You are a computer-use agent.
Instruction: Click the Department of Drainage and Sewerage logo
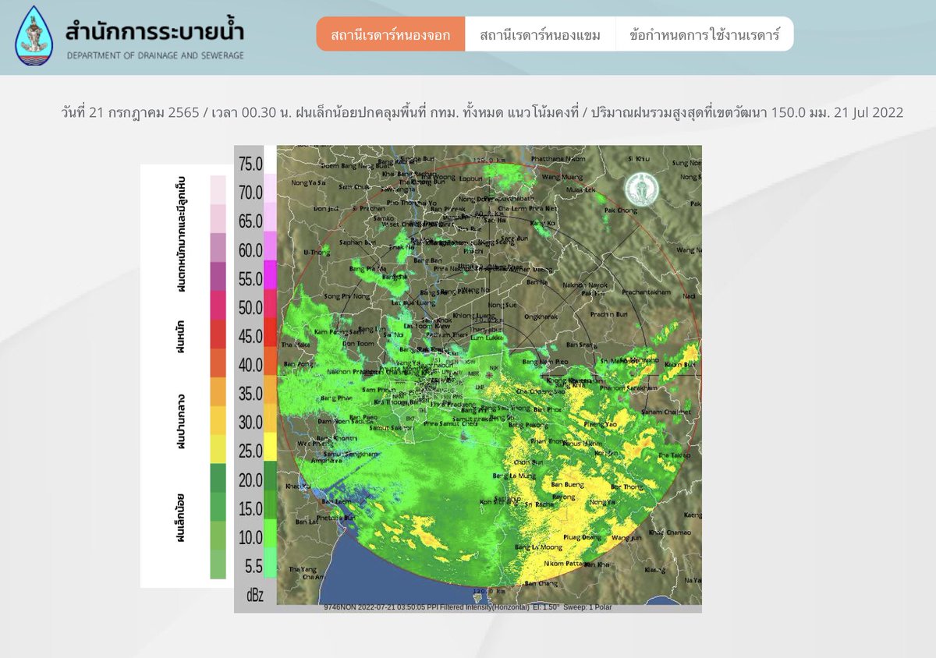pyautogui.click(x=34, y=36)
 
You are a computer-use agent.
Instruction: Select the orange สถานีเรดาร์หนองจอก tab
pyautogui.click(x=390, y=35)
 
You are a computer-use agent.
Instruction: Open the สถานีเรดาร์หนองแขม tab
pyautogui.click(x=540, y=35)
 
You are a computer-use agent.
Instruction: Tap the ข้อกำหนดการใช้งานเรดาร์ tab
pyautogui.click(x=704, y=35)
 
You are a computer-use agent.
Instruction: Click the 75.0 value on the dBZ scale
pyautogui.click(x=250, y=164)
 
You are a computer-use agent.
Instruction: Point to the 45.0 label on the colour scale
pyautogui.click(x=250, y=337)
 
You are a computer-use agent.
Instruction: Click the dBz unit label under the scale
pyautogui.click(x=255, y=595)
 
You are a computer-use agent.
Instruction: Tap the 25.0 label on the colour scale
pyautogui.click(x=250, y=451)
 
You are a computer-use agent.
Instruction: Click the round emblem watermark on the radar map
pyautogui.click(x=641, y=189)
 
